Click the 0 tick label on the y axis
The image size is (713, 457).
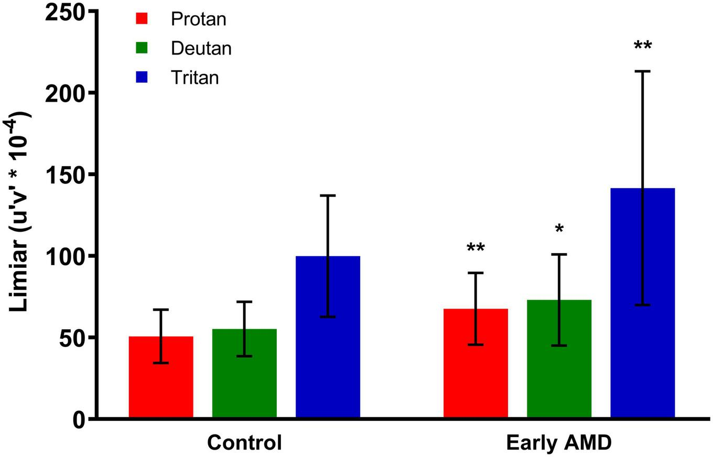click(79, 419)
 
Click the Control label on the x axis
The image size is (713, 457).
click(244, 443)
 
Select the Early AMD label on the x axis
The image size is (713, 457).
click(559, 443)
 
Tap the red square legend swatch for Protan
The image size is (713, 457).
click(142, 19)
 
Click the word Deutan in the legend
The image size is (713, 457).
click(201, 48)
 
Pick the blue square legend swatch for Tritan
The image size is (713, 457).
click(142, 78)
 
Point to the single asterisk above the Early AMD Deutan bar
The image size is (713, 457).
click(559, 229)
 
